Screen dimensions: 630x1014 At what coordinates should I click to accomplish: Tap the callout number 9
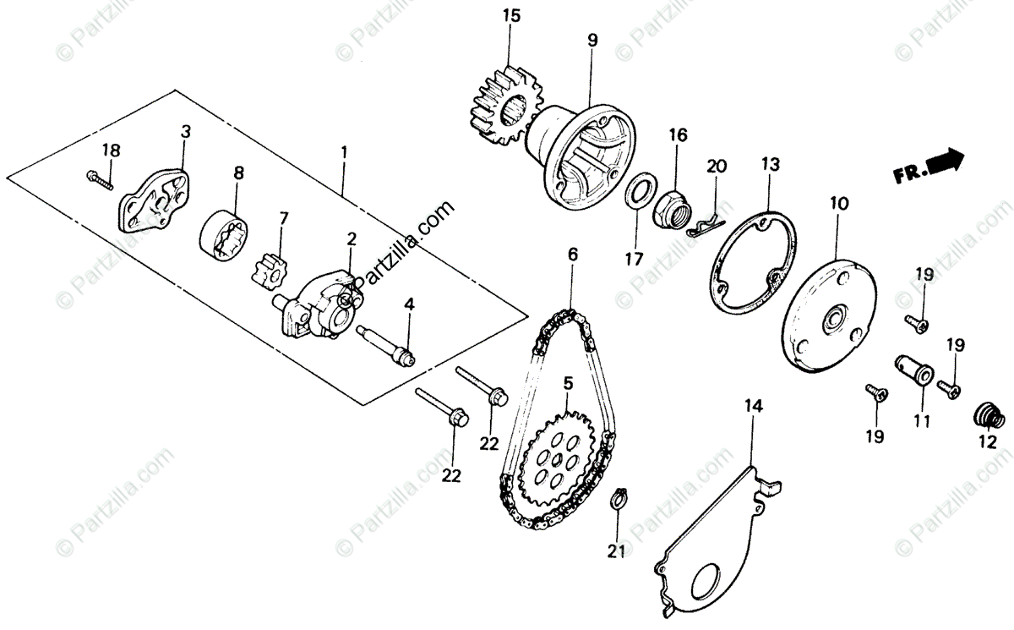point(592,39)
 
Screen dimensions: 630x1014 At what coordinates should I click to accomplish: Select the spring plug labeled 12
point(988,415)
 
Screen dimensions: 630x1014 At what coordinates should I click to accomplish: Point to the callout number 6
point(572,254)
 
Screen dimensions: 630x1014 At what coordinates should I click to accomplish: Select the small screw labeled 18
point(100,179)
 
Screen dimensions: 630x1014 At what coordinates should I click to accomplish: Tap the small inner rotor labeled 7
point(270,269)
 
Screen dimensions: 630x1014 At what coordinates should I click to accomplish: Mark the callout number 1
point(344,154)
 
